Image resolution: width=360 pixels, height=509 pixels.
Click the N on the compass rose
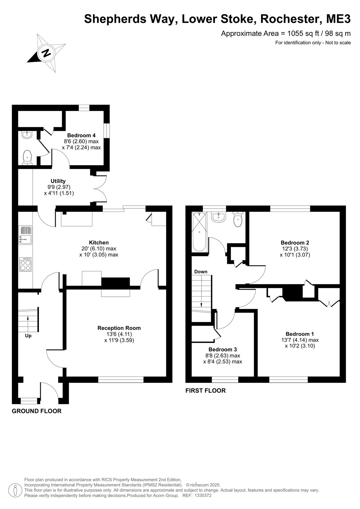(46, 53)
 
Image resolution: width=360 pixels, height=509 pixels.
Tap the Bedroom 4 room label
(81, 136)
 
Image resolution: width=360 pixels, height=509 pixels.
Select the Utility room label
(58, 181)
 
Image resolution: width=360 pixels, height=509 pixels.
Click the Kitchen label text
(99, 242)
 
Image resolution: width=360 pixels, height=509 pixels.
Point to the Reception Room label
(119, 328)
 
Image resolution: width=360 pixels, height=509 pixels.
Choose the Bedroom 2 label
(295, 242)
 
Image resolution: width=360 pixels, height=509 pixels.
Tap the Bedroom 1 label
(300, 334)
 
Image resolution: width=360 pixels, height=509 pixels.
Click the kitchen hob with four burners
(26, 264)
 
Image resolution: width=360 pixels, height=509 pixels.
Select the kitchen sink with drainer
(26, 235)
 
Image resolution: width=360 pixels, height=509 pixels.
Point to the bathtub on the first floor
(200, 232)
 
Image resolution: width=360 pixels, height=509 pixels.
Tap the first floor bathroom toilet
(238, 220)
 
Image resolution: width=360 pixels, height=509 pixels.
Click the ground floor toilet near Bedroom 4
(27, 157)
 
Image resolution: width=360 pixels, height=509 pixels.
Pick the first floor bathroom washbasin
(218, 217)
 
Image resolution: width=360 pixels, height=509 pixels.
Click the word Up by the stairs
(28, 336)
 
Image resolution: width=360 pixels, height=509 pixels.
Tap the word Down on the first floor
(201, 272)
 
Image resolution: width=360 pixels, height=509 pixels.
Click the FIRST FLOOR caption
(206, 391)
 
